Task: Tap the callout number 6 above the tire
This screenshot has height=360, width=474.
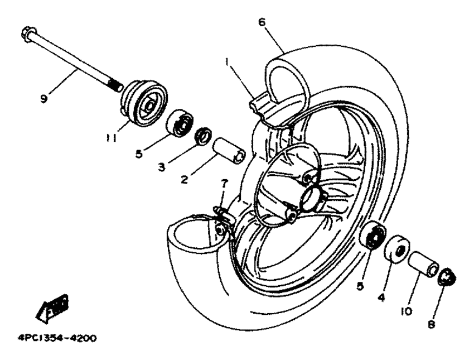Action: pos(262,22)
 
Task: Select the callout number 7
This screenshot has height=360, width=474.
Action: pos(224,183)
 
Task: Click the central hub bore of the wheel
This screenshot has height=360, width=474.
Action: pos(312,196)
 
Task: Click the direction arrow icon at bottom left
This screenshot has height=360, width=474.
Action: pos(52,308)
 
